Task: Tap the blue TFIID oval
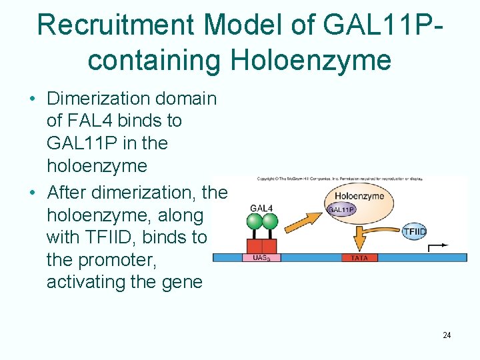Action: pos(414,232)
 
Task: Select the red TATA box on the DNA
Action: pos(359,258)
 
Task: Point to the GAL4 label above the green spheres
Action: pos(261,208)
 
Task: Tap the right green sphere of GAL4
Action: pos(270,221)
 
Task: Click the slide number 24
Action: pos(447,335)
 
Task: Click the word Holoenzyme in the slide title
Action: pos(311,60)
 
